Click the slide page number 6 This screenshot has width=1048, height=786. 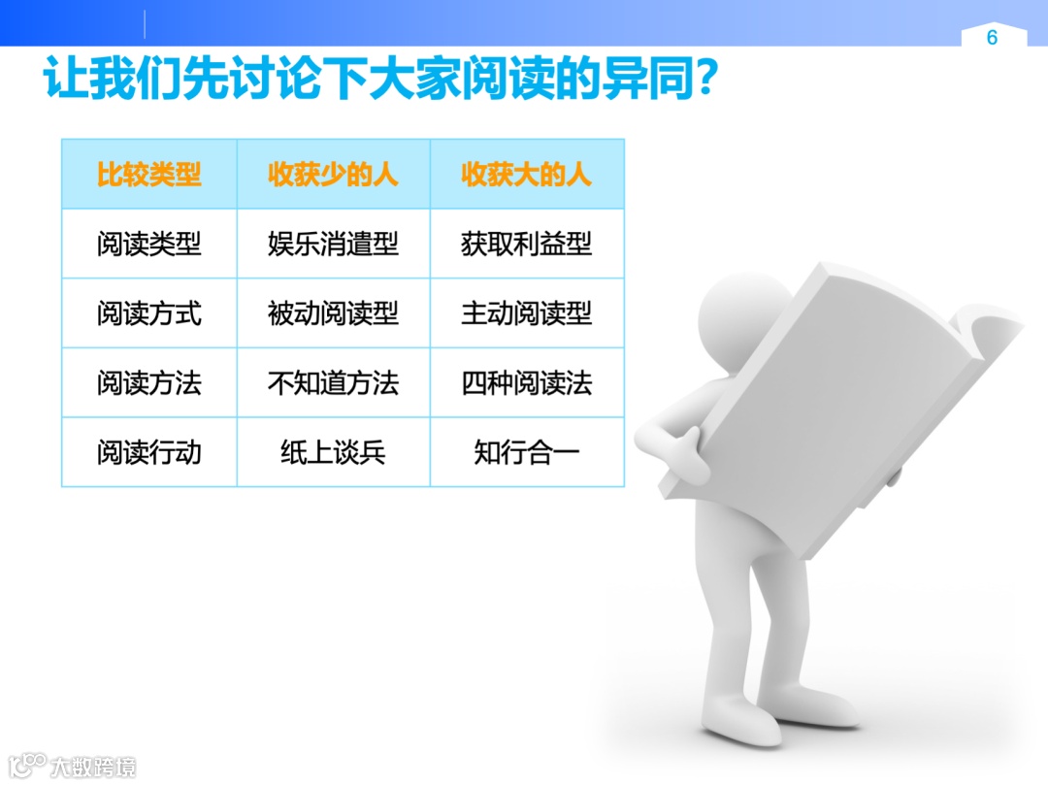(x=992, y=38)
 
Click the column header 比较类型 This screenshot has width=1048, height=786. (x=148, y=175)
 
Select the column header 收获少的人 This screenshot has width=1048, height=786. (x=333, y=175)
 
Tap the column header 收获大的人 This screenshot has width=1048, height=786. (x=526, y=175)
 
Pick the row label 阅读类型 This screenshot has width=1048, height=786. (x=148, y=244)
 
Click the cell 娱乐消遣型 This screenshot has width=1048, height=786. (x=333, y=244)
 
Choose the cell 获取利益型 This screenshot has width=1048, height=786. (x=526, y=244)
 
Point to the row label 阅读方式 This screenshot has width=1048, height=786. (x=148, y=313)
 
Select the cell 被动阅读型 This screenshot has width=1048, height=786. (x=333, y=313)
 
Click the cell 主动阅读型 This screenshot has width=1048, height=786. (x=526, y=313)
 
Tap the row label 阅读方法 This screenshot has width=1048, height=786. (x=148, y=383)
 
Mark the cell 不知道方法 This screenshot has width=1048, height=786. (x=333, y=383)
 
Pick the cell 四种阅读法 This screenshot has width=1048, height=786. (x=526, y=383)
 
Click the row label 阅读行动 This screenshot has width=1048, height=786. (x=148, y=452)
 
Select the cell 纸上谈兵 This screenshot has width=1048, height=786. (x=333, y=452)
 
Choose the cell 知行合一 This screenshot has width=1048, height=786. (x=526, y=452)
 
